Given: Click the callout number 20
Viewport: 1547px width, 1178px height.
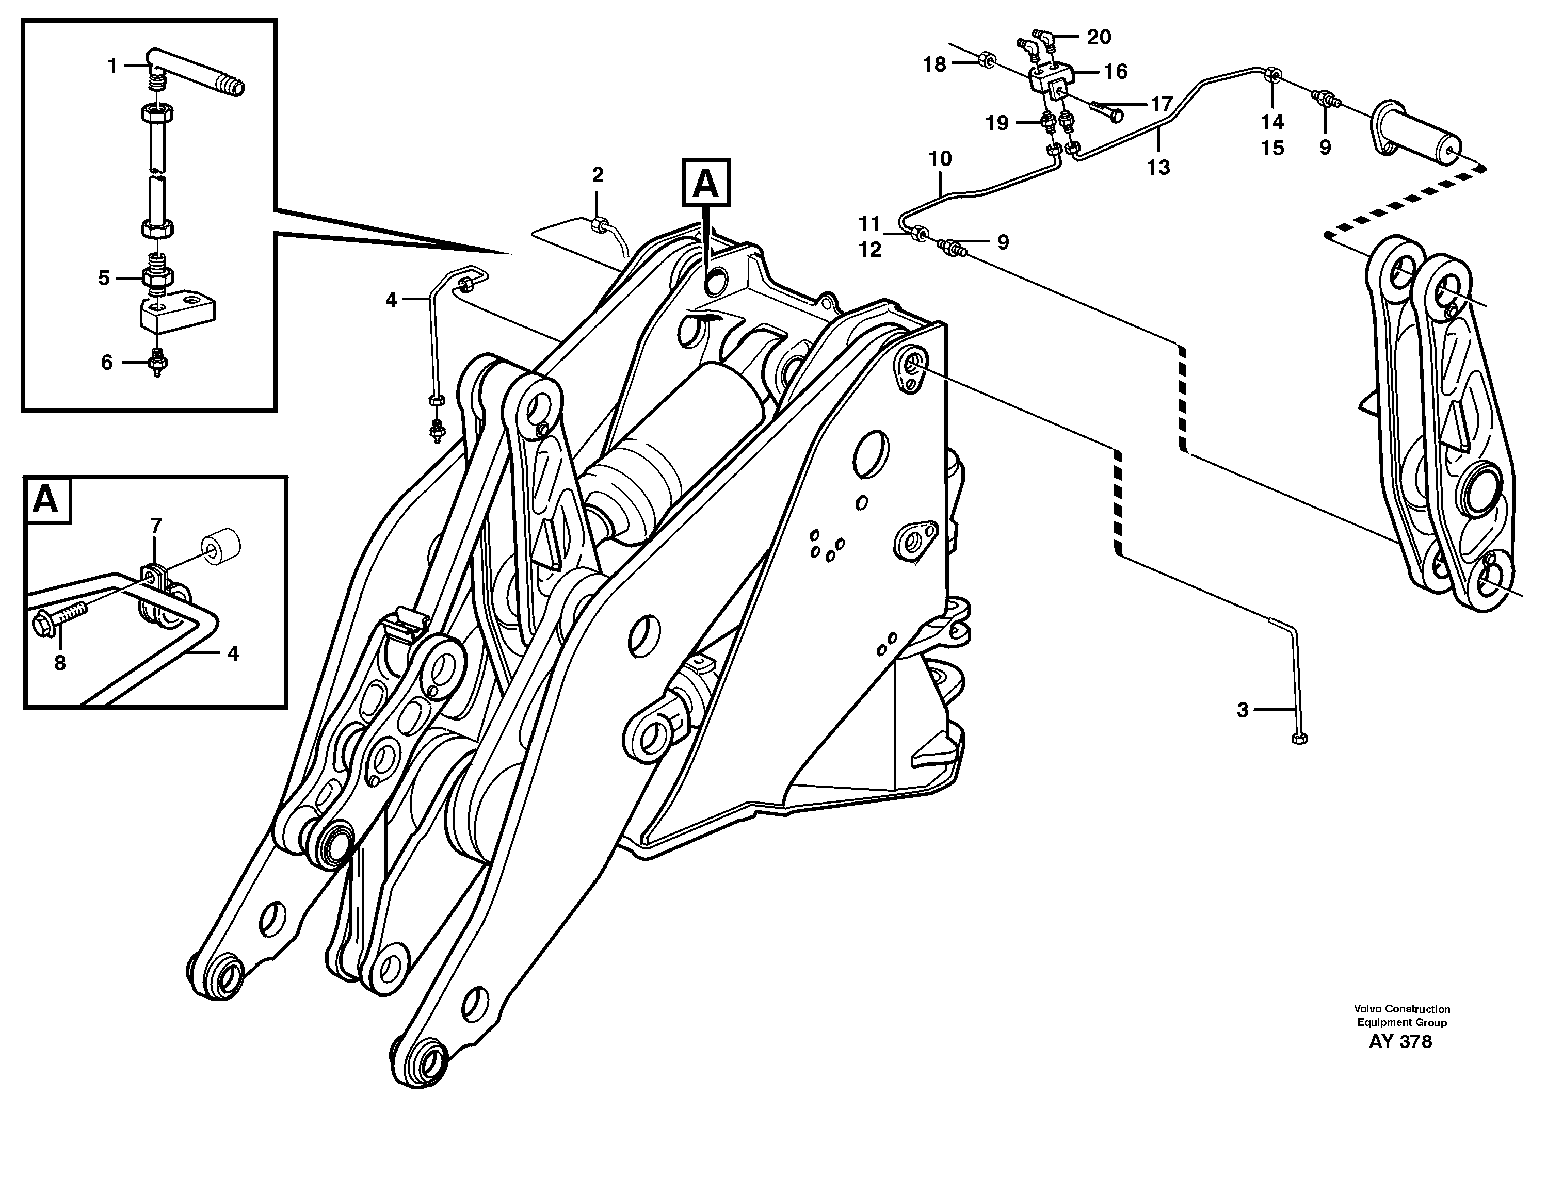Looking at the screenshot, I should [1099, 37].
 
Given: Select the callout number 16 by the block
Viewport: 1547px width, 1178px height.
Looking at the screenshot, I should [1116, 72].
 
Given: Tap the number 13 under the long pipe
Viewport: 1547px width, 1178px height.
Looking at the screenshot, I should [1158, 168].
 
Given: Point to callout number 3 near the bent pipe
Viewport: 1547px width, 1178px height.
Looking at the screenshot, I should [1243, 710].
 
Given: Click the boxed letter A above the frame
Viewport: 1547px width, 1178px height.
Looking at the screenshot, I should [706, 184].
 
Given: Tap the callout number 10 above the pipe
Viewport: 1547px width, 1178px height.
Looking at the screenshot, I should [940, 159].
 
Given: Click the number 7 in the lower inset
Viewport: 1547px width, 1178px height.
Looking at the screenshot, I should [156, 525].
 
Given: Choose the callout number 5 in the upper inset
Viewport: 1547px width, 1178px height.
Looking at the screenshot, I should [104, 279].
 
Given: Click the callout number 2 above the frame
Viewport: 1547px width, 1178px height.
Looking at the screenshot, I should [597, 175].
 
